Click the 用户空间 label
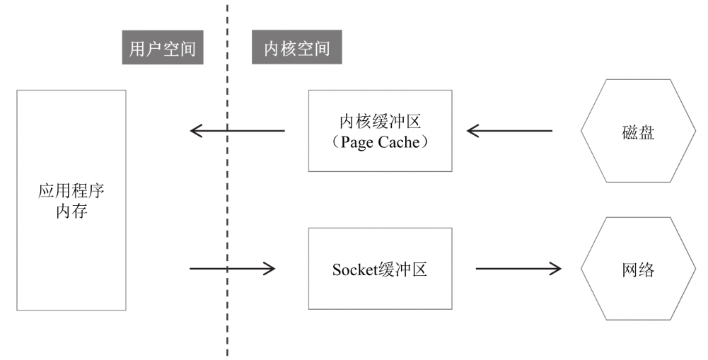(x=163, y=48)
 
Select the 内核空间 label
(x=296, y=48)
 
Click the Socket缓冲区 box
(x=380, y=268)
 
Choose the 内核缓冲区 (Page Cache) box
(x=380, y=131)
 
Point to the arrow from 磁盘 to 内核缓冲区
(x=509, y=131)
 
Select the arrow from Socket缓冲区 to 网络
(x=518, y=269)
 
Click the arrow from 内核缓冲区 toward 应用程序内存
(x=238, y=131)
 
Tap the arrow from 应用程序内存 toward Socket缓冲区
(x=232, y=268)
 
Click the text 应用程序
(x=71, y=191)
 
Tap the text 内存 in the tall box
(x=71, y=211)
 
